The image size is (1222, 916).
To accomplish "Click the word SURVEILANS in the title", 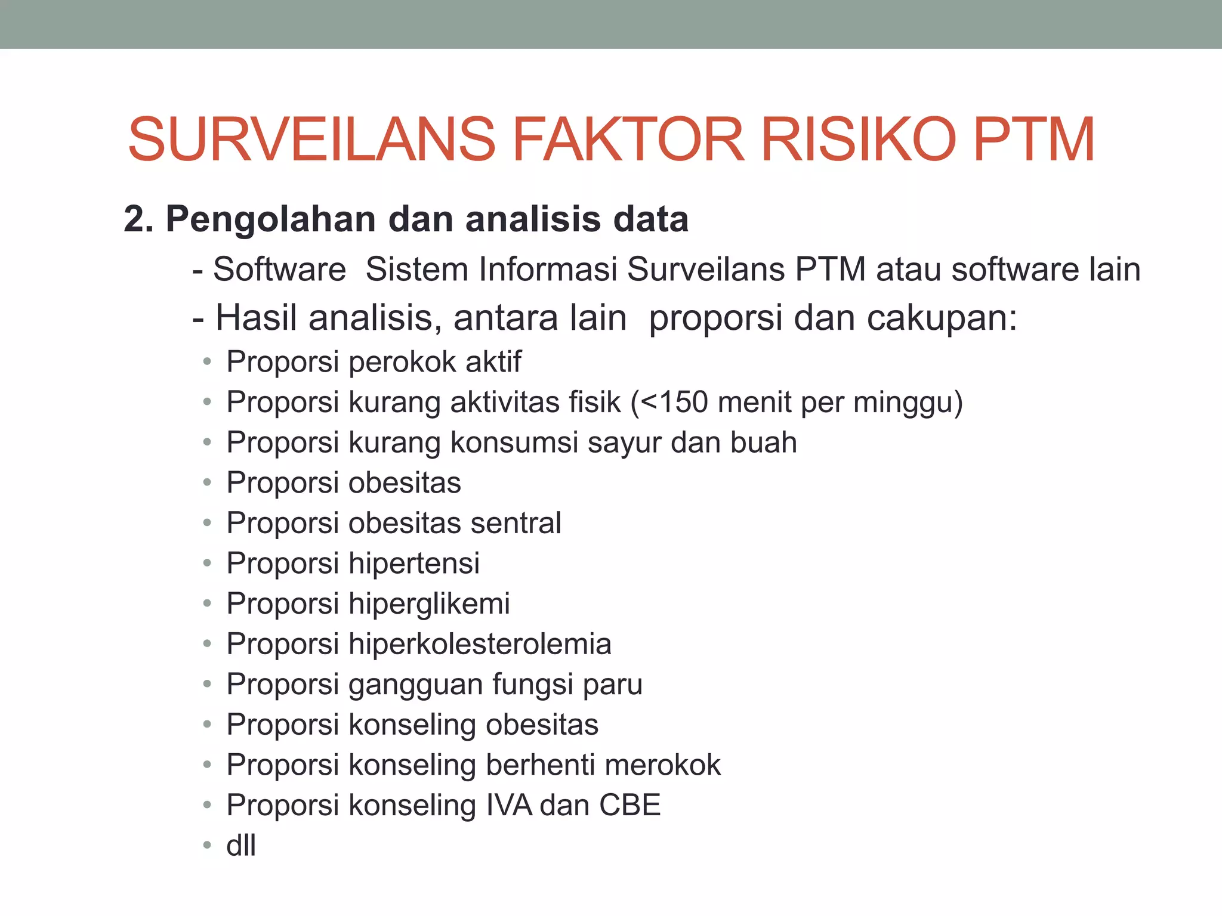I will point(311,140).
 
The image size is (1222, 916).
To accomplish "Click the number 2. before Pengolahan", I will point(138,219).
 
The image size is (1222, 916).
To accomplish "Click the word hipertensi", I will point(414,564).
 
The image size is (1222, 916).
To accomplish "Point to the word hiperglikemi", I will point(429,604).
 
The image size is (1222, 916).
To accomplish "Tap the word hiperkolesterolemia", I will point(480,644).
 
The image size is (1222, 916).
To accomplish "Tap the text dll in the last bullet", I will point(241,846).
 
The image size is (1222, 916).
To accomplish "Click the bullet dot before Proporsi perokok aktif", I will point(207,361).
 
